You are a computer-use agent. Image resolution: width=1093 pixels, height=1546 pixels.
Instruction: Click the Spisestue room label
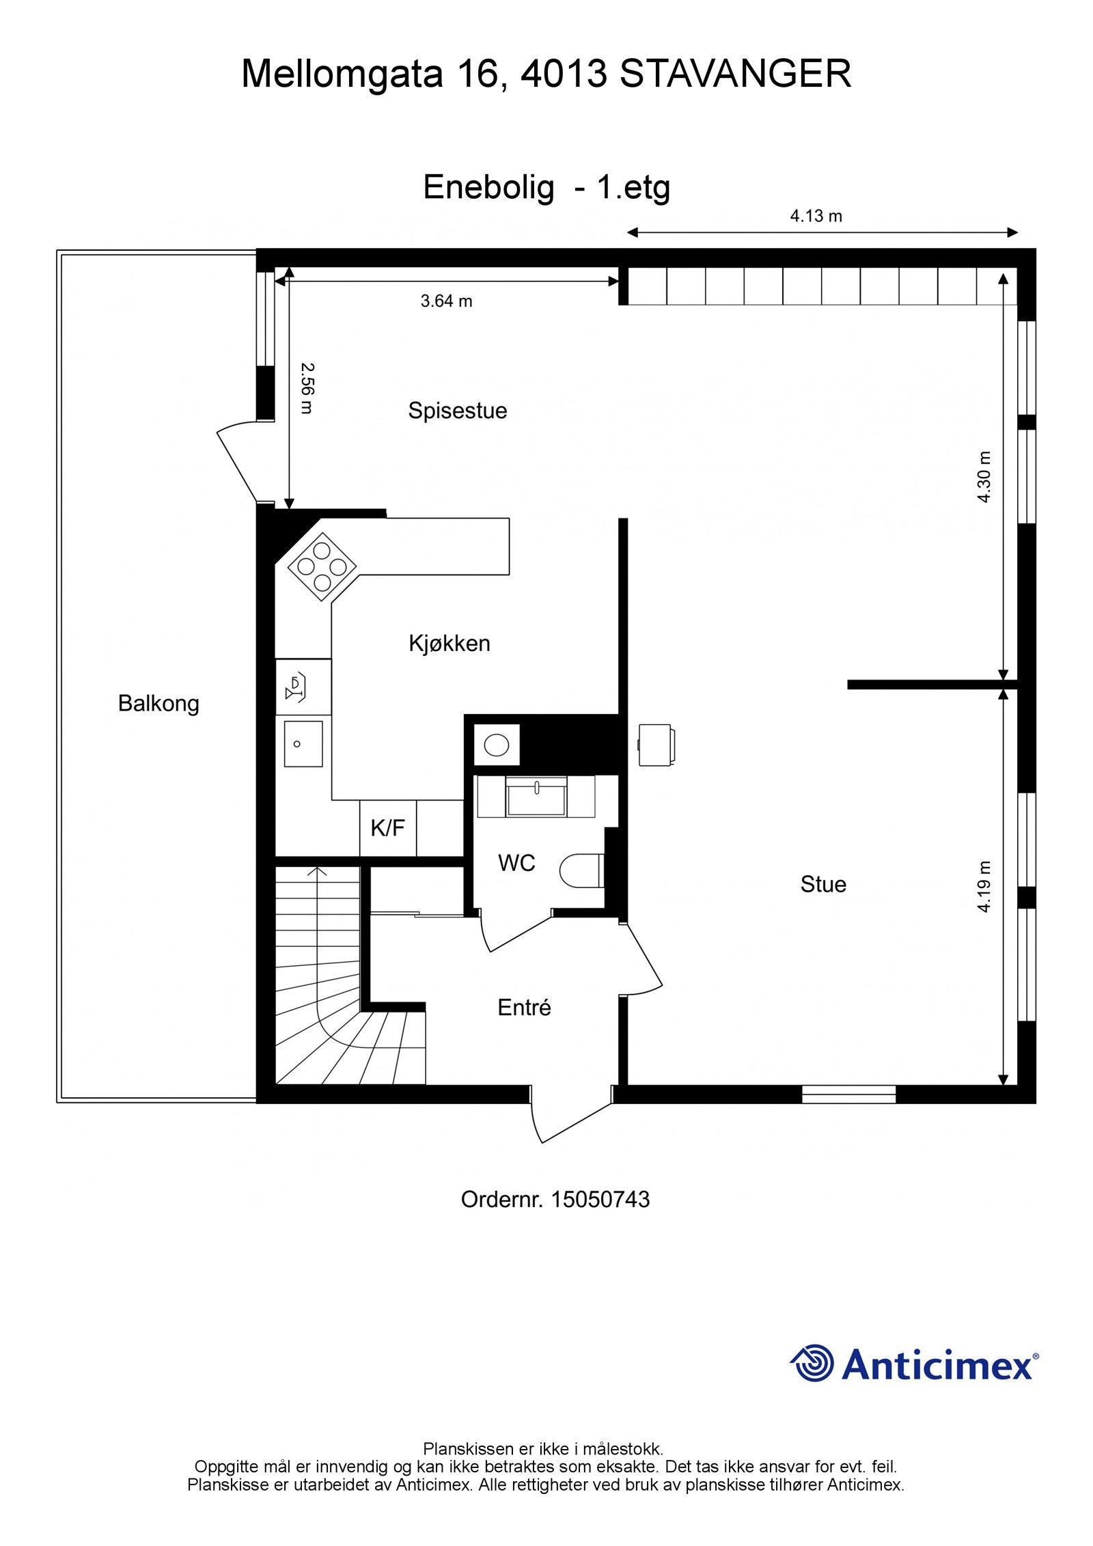tap(457, 411)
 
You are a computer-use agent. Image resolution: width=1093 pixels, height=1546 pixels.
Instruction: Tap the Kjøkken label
tap(449, 644)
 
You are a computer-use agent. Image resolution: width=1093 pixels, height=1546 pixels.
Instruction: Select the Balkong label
tap(158, 704)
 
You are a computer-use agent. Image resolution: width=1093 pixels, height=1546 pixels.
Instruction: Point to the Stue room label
tap(822, 885)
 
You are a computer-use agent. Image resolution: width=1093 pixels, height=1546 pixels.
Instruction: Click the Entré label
tap(523, 1008)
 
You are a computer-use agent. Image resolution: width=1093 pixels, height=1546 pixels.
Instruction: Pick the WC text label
tap(516, 864)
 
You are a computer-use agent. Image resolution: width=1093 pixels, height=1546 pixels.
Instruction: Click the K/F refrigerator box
tap(387, 829)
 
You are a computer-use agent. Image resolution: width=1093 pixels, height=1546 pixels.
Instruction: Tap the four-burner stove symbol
tap(322, 566)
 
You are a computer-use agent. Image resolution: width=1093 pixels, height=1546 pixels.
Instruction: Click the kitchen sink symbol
tap(303, 743)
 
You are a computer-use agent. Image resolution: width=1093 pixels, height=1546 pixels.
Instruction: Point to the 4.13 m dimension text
tap(816, 217)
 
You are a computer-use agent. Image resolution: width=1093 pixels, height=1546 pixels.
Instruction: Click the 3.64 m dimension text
tap(446, 301)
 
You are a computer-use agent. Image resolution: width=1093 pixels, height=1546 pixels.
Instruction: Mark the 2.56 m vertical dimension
tap(307, 388)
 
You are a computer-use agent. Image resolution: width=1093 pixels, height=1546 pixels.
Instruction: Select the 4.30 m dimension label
tap(983, 477)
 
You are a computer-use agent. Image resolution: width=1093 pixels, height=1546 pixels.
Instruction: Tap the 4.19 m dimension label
tap(983, 886)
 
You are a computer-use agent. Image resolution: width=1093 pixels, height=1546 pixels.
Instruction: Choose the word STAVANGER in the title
tap(735, 74)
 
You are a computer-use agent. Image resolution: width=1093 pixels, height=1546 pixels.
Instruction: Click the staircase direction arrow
tap(316, 872)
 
